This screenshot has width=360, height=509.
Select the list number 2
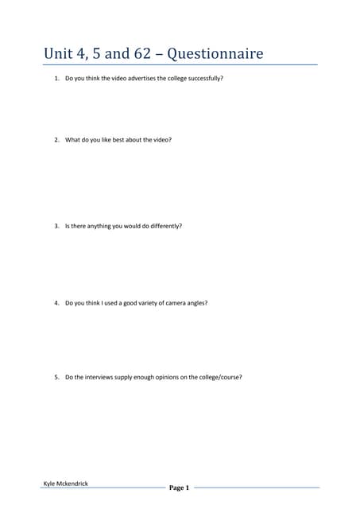pos(56,140)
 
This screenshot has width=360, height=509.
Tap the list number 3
pos(56,226)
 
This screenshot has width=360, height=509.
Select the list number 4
pos(56,303)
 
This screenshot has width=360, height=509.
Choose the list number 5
pos(56,377)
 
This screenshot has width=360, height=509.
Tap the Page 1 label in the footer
pos(179,488)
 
